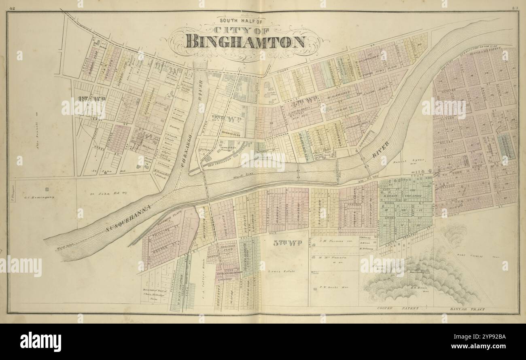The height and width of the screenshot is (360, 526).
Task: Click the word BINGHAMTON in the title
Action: pyautogui.click(x=246, y=42)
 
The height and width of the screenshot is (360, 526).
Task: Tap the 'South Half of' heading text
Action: pyautogui.click(x=241, y=20)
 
